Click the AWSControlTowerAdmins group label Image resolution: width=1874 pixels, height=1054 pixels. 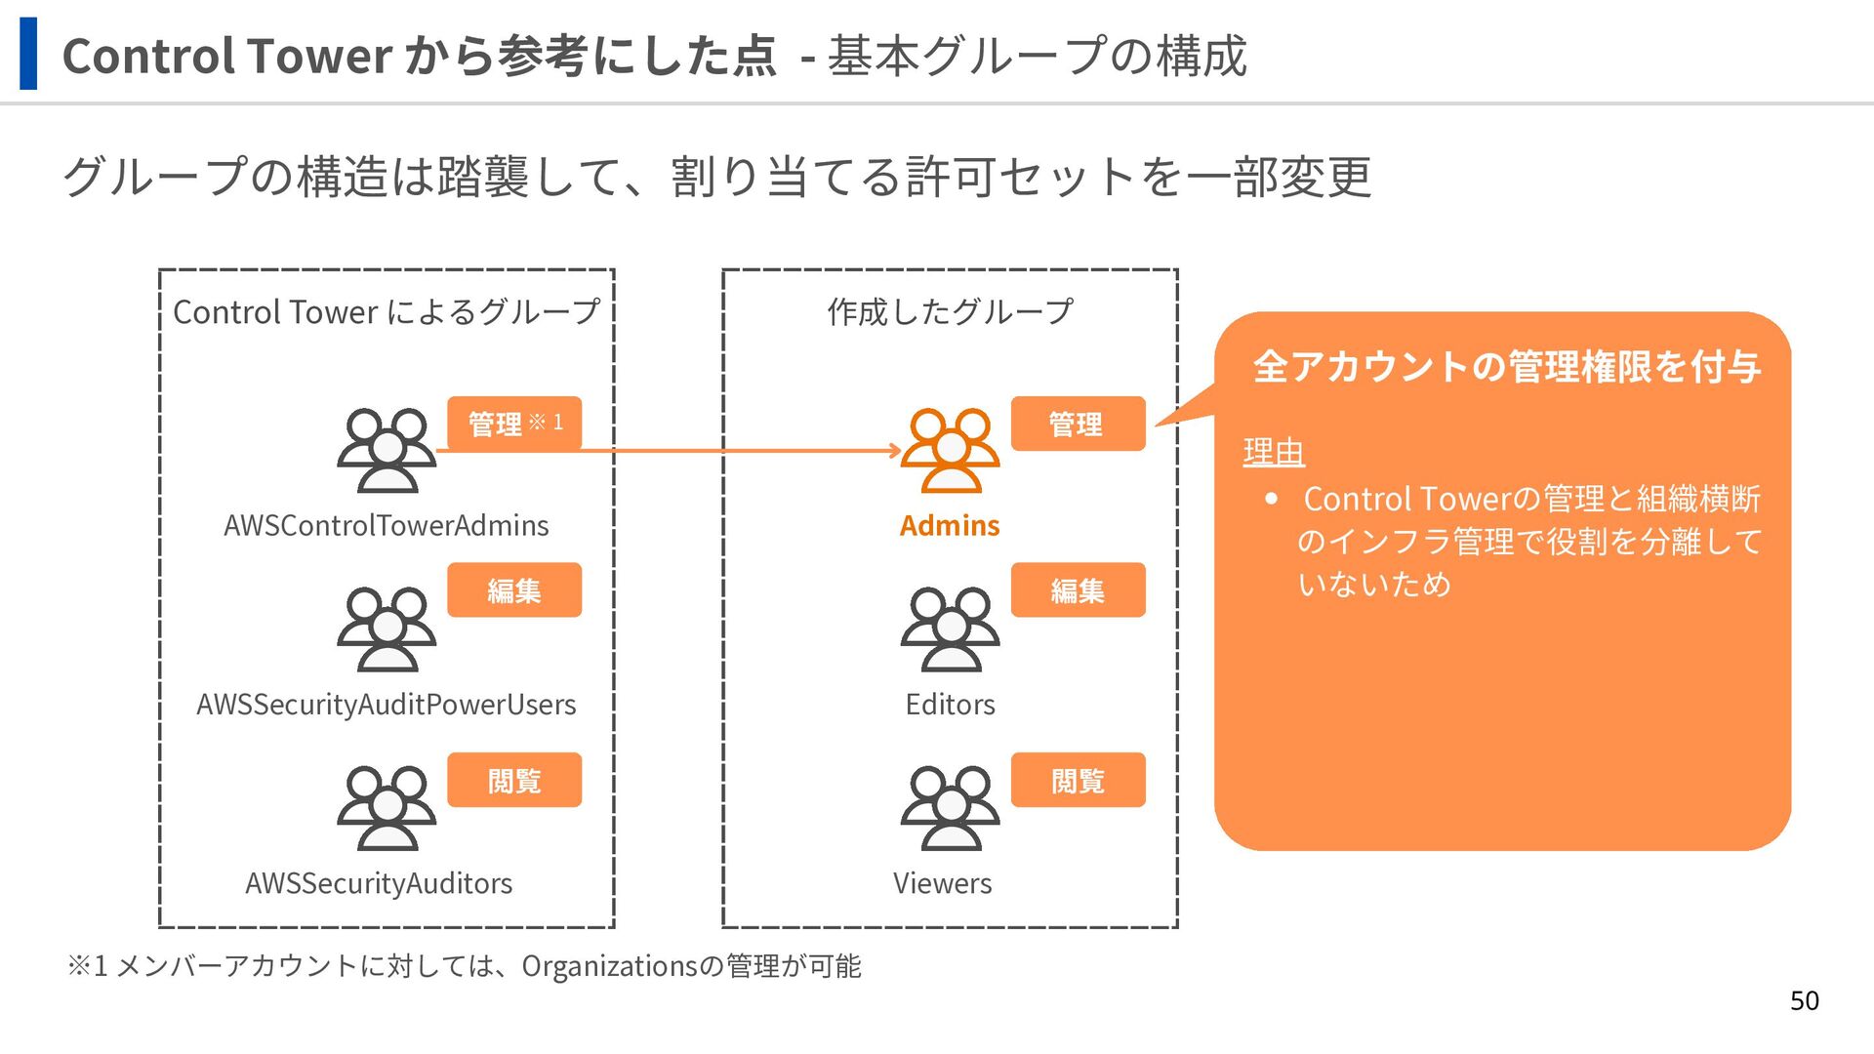pos(386,525)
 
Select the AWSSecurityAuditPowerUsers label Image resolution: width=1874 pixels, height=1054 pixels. pos(386,704)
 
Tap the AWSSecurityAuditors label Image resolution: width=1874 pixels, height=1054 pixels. pos(379,883)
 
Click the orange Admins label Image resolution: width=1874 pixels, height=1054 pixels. pos(950,525)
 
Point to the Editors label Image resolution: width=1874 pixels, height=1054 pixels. pos(950,704)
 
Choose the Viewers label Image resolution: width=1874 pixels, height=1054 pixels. pos(942,883)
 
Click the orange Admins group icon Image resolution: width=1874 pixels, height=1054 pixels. pos(950,450)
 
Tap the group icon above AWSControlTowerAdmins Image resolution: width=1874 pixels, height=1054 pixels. pos(387,450)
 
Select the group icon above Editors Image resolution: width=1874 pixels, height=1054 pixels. pos(950,629)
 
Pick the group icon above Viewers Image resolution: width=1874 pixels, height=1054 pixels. pos(950,808)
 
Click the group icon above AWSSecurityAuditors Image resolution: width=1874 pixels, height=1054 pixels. pos(387,808)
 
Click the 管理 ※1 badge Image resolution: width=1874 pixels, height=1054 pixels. pos(514,424)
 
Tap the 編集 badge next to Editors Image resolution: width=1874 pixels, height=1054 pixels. pos(1078,589)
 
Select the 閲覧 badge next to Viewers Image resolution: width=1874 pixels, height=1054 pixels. pos(1078,780)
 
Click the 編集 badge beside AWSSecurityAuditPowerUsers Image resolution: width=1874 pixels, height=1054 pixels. pos(514,589)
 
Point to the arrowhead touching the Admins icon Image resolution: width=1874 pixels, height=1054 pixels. pos(894,451)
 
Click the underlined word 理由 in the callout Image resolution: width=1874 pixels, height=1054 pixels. pos(1274,453)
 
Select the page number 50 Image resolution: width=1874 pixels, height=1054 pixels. pos(1804,1000)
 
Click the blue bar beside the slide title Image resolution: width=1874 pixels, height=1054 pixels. pos(28,54)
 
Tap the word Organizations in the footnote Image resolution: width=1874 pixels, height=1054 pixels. pos(610,966)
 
